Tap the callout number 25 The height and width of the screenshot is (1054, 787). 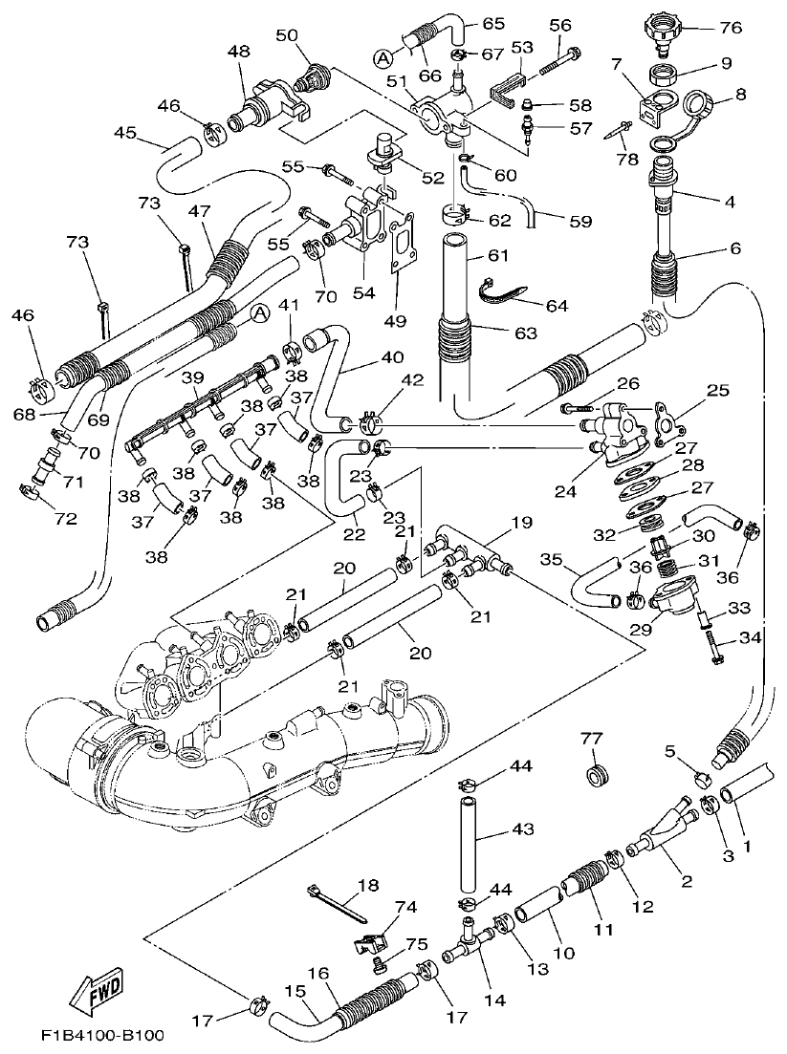click(x=717, y=390)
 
